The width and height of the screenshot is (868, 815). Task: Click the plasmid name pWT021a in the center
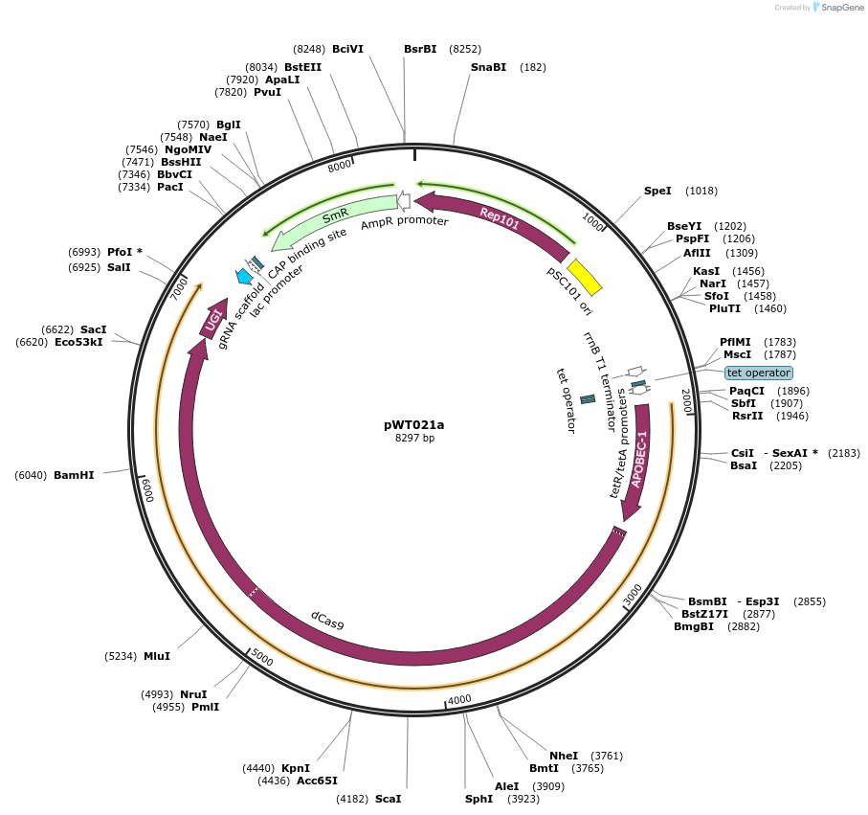[414, 424]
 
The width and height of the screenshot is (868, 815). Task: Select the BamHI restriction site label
[74, 475]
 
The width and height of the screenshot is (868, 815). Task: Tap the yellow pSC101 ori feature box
[585, 277]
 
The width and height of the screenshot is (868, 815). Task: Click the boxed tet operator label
[759, 373]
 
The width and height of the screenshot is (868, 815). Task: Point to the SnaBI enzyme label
[488, 67]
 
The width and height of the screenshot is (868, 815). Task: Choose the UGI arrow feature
[213, 320]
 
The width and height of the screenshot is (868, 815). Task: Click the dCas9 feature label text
[327, 620]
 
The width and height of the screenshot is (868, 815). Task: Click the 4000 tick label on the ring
[460, 700]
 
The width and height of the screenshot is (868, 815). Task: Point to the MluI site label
[157, 656]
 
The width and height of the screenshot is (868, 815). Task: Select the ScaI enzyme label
[388, 798]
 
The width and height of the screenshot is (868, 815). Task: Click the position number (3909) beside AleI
[549, 786]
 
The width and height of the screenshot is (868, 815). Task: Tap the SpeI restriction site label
[657, 191]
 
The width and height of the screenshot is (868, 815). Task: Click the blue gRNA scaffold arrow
[245, 277]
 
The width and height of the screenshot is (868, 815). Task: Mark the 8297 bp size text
[414, 439]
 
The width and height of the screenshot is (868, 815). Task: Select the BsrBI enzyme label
[420, 48]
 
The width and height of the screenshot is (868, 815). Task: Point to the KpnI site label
[296, 768]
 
